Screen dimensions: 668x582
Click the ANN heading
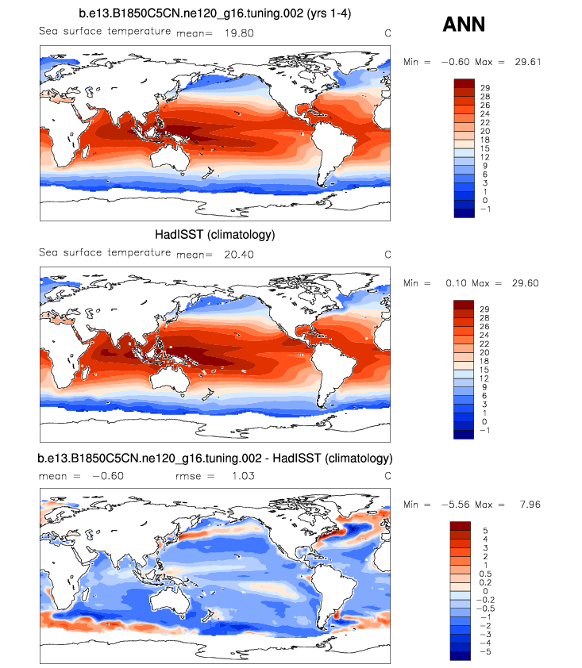464,25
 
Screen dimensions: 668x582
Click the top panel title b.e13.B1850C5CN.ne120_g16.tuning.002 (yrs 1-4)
216,14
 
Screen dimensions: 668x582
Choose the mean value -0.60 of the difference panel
108,476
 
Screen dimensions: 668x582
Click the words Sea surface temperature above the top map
104,31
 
